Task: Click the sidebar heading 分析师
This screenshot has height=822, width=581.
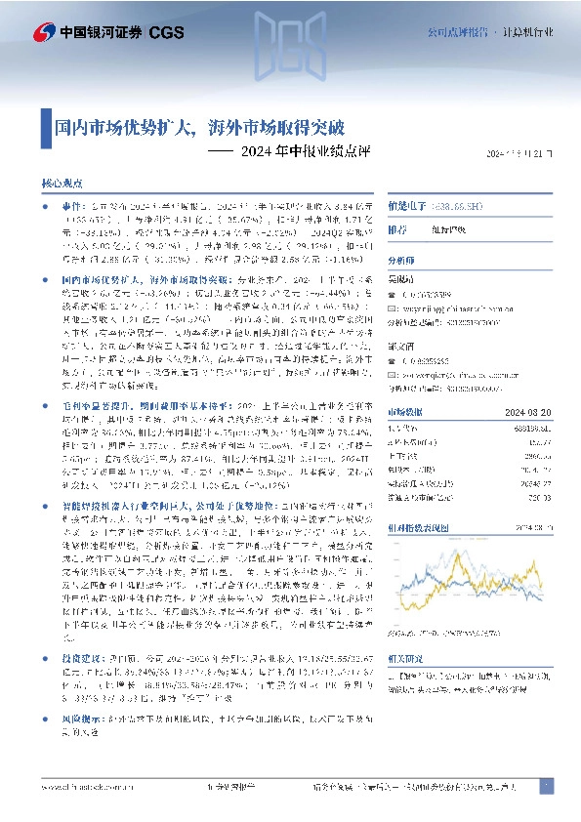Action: [x=401, y=262]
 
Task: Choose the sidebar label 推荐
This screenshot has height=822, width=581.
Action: [x=397, y=231]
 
